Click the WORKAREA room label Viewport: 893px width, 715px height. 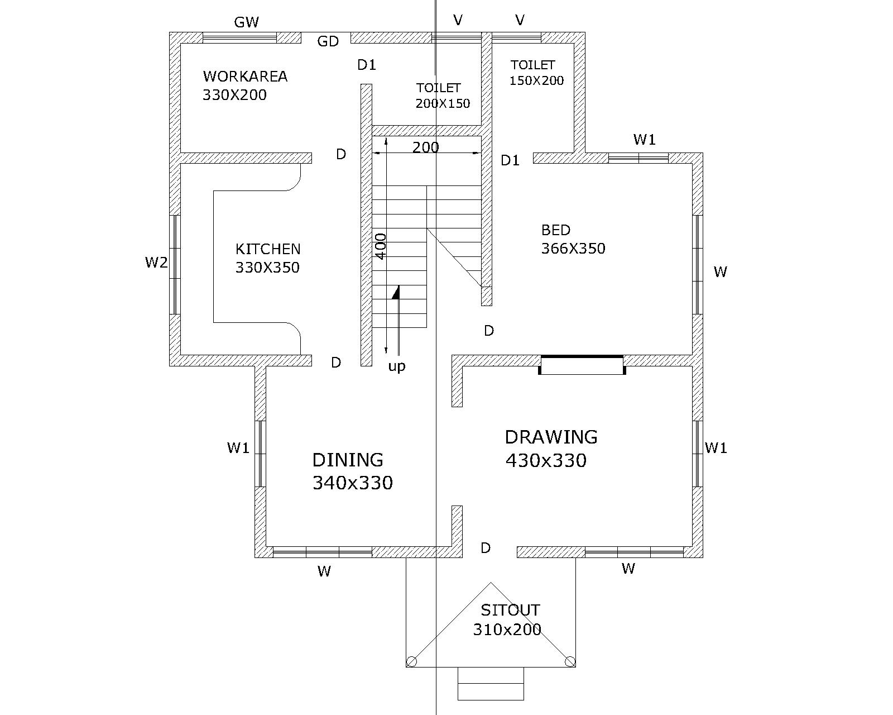click(x=245, y=77)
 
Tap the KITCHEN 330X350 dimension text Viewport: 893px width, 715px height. click(x=267, y=268)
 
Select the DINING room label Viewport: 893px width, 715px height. click(x=348, y=460)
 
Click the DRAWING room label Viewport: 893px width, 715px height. click(x=551, y=437)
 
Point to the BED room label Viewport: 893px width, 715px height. click(x=556, y=230)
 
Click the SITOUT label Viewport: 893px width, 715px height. click(x=510, y=611)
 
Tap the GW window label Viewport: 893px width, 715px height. click(x=247, y=22)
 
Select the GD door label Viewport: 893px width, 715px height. click(x=328, y=41)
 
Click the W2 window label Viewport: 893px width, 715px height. click(x=156, y=263)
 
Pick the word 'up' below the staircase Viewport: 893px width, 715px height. click(x=397, y=367)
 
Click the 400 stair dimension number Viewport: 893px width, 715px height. click(x=381, y=246)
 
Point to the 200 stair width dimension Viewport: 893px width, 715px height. click(x=426, y=147)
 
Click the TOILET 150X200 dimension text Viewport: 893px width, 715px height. click(x=536, y=80)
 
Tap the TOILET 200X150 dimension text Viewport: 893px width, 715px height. click(x=443, y=103)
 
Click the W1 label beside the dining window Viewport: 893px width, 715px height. click(x=238, y=447)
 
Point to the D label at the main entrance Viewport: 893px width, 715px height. click(x=486, y=548)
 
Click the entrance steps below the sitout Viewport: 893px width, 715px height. click(x=491, y=683)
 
